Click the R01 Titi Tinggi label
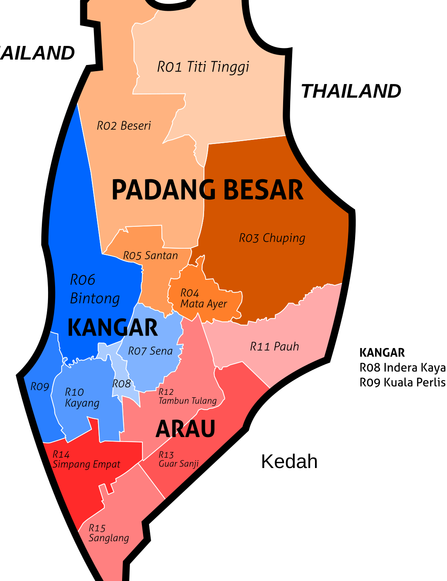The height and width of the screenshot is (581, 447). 203,67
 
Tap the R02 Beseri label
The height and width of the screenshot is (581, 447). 124,126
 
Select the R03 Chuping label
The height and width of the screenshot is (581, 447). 272,238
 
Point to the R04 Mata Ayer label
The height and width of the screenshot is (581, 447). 203,299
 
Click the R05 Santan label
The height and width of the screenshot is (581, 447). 150,256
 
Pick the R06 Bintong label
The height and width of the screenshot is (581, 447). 95,289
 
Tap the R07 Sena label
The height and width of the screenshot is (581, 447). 150,351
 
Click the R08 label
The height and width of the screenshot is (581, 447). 122,384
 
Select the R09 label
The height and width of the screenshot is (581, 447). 40,387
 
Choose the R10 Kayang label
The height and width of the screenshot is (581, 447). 82,398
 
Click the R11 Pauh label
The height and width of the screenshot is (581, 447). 274,347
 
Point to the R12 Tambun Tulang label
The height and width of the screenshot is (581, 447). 187,396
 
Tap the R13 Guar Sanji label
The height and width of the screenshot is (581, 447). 179,459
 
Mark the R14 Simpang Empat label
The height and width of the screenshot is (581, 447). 86,460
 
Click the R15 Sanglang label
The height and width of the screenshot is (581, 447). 108,533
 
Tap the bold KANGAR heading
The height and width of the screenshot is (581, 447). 113,328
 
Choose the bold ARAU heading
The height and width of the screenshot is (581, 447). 185,429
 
